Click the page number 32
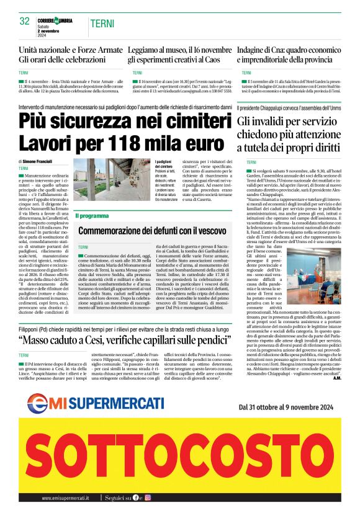(25, 21)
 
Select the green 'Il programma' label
(92, 216)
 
